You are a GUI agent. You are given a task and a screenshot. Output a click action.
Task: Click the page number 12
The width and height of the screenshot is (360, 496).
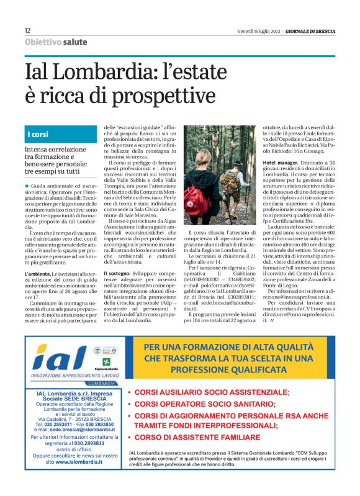(28, 30)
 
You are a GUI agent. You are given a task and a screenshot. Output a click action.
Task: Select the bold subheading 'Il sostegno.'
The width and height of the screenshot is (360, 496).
(116, 274)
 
